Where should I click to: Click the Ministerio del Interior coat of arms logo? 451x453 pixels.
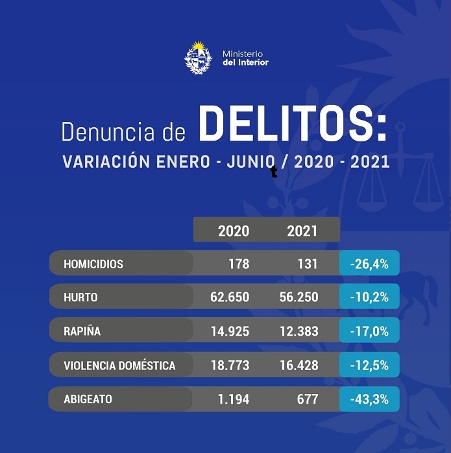198,57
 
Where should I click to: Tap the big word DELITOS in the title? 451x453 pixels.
292,125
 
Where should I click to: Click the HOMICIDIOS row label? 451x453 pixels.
93,264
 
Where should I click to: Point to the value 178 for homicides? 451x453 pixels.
238,264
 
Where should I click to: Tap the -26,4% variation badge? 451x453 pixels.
369,264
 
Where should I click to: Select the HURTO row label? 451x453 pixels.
81,297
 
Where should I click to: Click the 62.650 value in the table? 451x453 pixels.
230,297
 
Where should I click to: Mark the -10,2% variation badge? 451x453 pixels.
369,297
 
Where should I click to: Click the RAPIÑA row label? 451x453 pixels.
82,331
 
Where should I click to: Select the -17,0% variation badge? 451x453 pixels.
369,331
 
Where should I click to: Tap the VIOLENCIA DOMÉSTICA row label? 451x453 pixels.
119,366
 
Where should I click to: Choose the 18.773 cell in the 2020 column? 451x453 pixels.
230,366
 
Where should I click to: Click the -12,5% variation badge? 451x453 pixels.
369,366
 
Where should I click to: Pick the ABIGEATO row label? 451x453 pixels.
88,399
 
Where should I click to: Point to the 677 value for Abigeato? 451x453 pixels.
306,399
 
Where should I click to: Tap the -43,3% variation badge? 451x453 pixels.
369,399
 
